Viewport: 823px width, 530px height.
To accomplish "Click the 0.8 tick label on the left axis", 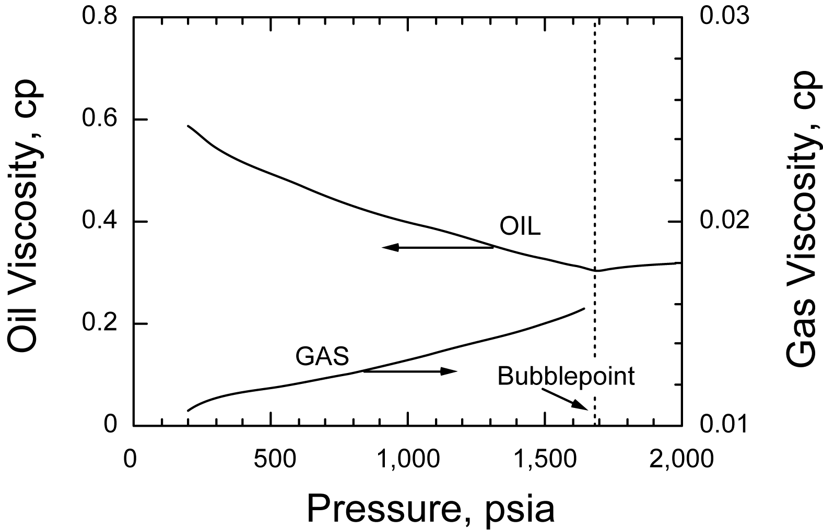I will tap(99, 17).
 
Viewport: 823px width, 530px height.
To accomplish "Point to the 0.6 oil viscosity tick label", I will tap(99, 119).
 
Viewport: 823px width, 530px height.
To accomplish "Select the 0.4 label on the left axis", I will tap(99, 222).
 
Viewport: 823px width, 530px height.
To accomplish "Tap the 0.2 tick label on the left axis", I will tap(99, 324).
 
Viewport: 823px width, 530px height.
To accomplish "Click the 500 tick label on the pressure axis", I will tap(271, 460).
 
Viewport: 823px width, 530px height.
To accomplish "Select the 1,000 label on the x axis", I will tap(407, 460).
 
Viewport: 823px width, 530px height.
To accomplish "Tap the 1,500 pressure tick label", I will tap(544, 460).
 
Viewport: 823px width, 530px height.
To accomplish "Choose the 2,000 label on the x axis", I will tap(681, 460).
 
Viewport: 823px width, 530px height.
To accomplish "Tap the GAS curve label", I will tap(322, 357).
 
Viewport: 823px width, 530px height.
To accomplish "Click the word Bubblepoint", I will tap(566, 376).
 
